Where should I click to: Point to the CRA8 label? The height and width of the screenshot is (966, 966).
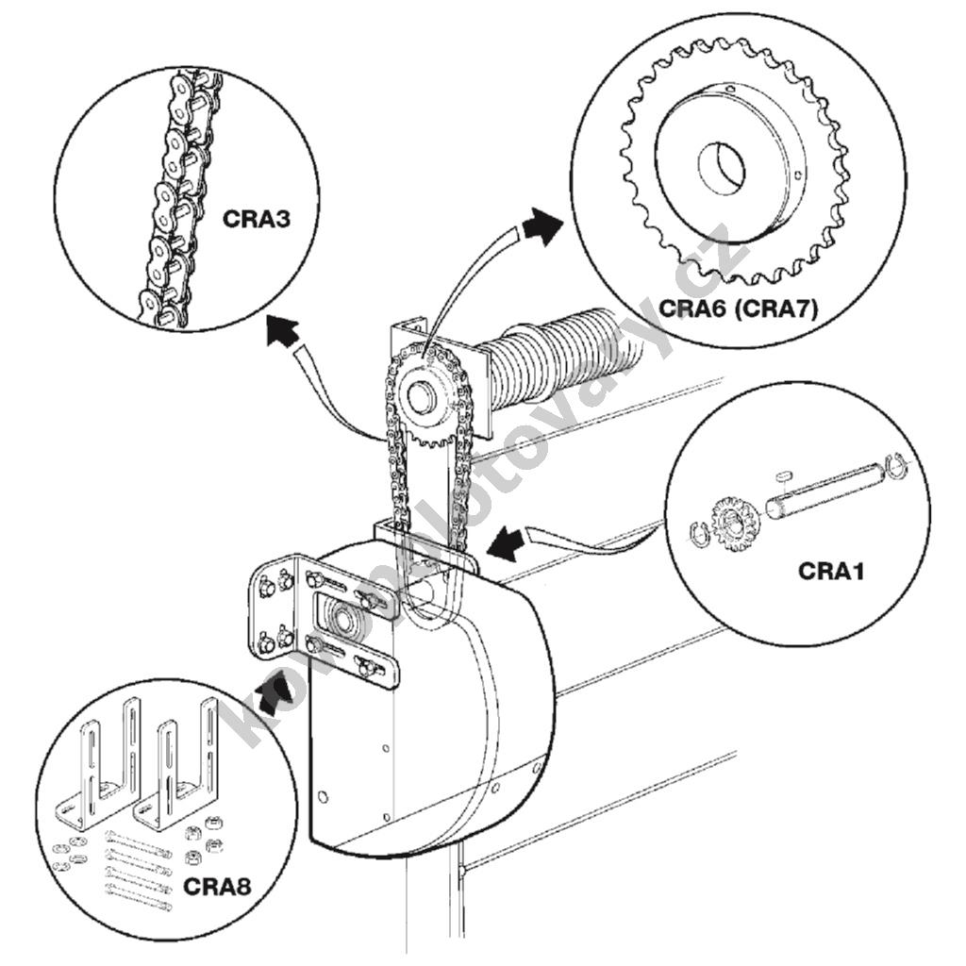coord(216,886)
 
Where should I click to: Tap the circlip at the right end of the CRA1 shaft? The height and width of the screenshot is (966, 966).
coord(898,467)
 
